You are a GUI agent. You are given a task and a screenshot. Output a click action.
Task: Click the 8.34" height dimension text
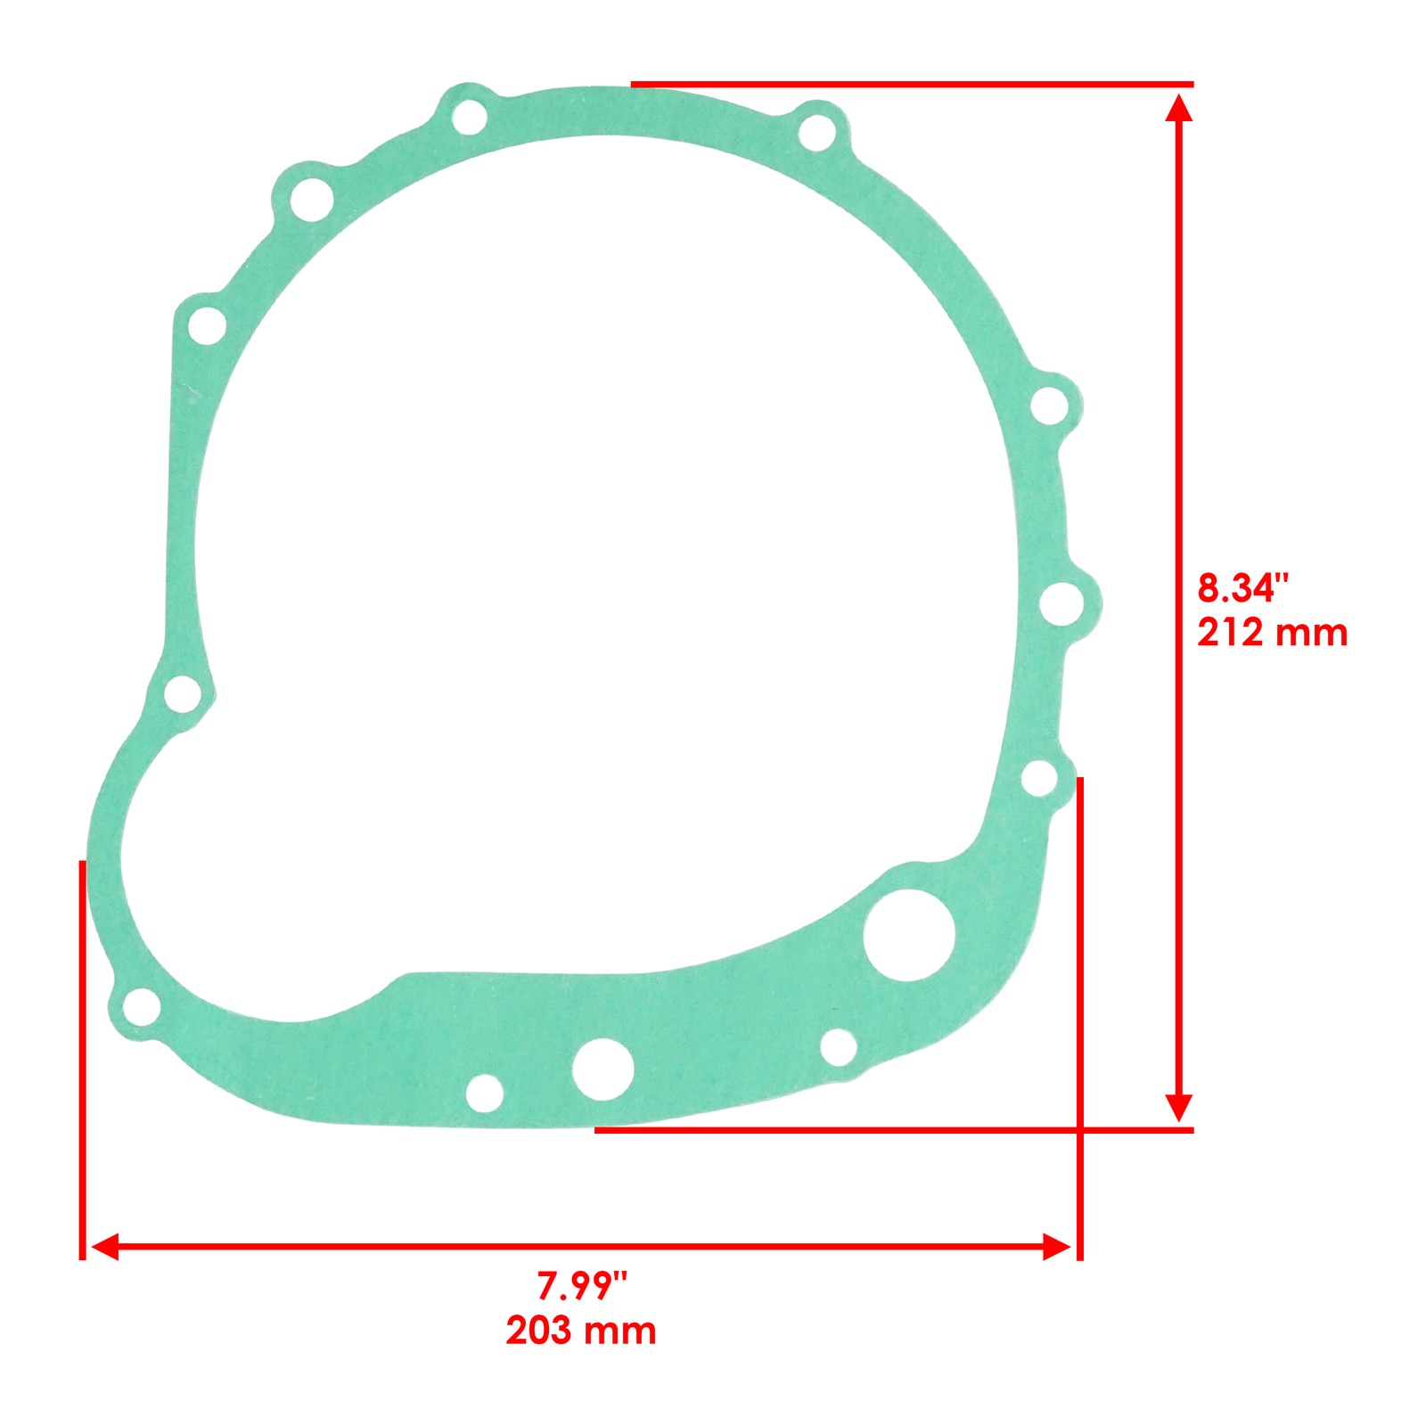(1242, 589)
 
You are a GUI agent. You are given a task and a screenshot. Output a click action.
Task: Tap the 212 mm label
(1272, 633)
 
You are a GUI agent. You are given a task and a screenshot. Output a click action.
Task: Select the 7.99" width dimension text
(582, 1286)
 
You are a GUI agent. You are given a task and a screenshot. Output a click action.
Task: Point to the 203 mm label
(581, 1331)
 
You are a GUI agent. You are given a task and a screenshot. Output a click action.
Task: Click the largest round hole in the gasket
(908, 935)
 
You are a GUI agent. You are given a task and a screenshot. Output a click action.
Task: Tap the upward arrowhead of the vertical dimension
(1178, 107)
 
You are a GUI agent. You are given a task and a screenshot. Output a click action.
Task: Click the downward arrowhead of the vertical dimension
(1178, 1107)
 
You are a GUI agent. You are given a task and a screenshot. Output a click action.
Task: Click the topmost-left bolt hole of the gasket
(469, 117)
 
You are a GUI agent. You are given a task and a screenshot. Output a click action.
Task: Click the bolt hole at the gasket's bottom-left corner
(141, 1007)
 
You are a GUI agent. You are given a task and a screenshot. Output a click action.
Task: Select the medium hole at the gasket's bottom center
(603, 1068)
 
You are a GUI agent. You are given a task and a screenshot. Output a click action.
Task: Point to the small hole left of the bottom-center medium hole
(484, 1094)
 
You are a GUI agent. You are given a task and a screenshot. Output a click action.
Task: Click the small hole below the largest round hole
(838, 1047)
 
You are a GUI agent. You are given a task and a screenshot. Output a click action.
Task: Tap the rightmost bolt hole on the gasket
(1062, 603)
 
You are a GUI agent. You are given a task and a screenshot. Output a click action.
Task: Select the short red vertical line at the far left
(82, 1061)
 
